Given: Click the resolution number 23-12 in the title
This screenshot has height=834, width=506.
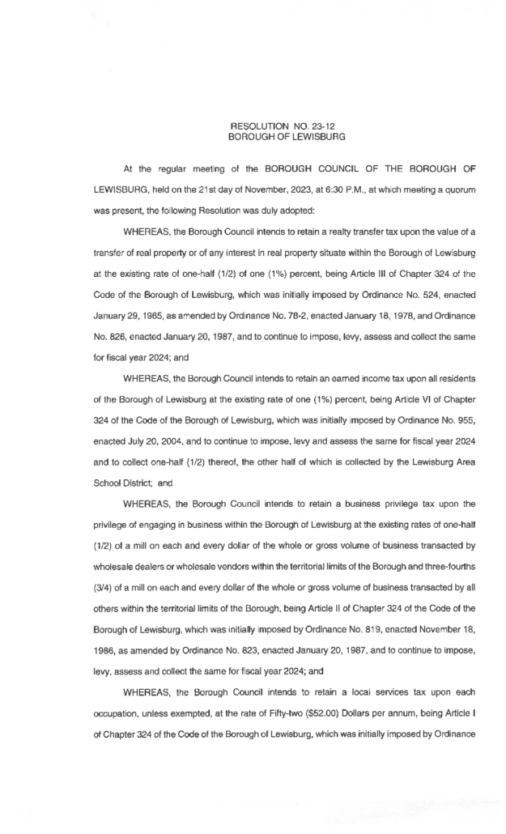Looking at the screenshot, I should [293, 128].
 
